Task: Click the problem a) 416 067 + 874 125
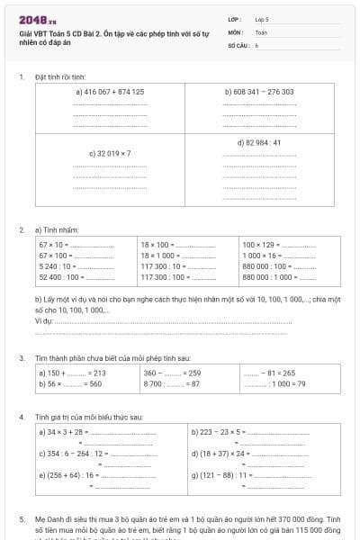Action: tap(110, 91)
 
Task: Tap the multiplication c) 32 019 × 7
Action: tap(110, 153)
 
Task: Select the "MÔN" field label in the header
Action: tap(236, 31)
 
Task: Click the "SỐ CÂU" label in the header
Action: tap(238, 44)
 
